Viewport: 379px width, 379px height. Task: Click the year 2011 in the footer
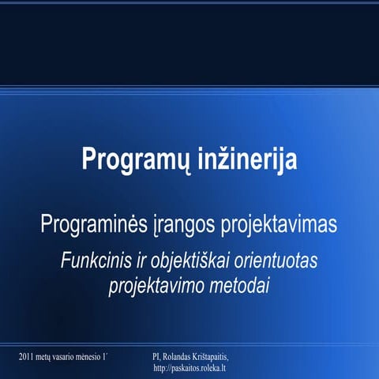coord(26,358)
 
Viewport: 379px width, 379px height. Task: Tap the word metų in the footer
coord(47,358)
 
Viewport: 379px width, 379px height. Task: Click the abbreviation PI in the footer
coord(156,358)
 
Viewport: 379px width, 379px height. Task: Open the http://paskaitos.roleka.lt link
coord(190,368)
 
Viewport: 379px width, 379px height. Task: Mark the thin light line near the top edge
coord(189,3)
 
